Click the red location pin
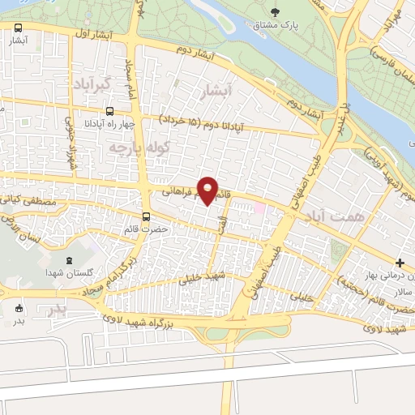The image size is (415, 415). (x=208, y=190)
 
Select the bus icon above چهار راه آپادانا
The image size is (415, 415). (x=109, y=113)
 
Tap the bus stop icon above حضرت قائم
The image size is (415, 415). (x=146, y=216)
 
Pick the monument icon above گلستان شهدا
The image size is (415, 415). (x=67, y=260)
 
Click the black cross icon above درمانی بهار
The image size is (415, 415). (x=400, y=263)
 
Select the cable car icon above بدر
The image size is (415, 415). (x=19, y=307)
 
